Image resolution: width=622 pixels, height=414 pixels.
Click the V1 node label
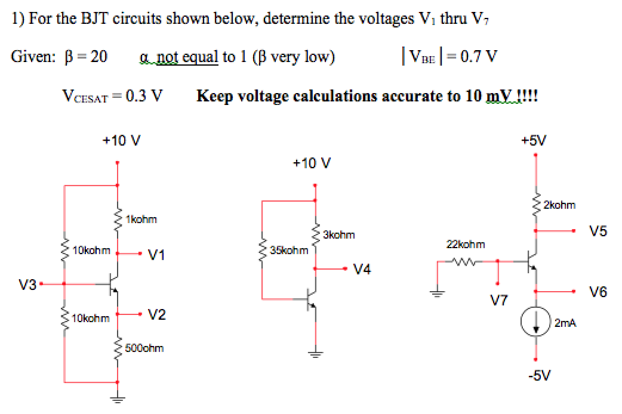[x=156, y=255]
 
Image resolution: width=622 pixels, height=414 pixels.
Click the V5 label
[x=598, y=231]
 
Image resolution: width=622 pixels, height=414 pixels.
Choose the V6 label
[x=598, y=292]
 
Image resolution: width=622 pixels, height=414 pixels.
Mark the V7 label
[x=498, y=299]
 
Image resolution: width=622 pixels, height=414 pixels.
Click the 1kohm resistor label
[x=141, y=220]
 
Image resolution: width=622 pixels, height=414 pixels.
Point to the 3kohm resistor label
[x=338, y=234]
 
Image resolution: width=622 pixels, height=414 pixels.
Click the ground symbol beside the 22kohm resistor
[x=435, y=293]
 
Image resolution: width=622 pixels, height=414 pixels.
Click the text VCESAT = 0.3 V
[x=113, y=95]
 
